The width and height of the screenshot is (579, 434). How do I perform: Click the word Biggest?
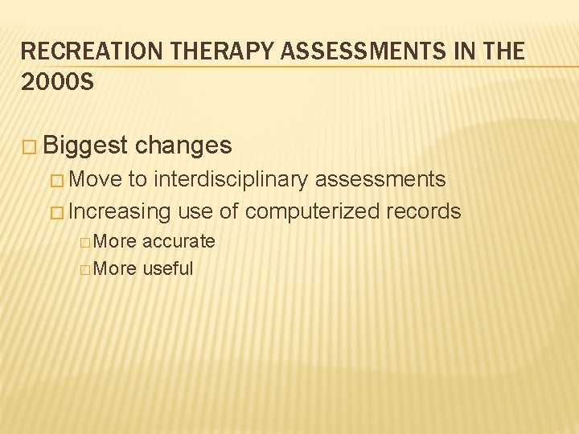click(86, 145)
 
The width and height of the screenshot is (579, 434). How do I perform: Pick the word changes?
click(183, 145)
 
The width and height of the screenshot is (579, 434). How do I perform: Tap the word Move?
click(96, 179)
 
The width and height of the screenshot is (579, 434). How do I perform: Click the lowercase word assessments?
click(380, 179)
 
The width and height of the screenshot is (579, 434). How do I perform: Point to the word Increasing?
click(121, 211)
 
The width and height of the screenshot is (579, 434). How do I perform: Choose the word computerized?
click(313, 211)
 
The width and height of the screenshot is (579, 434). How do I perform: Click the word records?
click(424, 211)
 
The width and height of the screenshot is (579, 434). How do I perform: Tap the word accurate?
click(179, 241)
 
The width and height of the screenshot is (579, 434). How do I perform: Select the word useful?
click(168, 268)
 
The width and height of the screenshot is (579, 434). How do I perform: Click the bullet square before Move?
click(58, 180)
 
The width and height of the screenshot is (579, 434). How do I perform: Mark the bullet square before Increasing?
click(58, 212)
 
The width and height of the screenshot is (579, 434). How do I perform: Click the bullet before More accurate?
click(85, 242)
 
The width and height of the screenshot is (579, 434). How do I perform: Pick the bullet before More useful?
click(85, 269)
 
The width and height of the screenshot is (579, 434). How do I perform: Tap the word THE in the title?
click(503, 52)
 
